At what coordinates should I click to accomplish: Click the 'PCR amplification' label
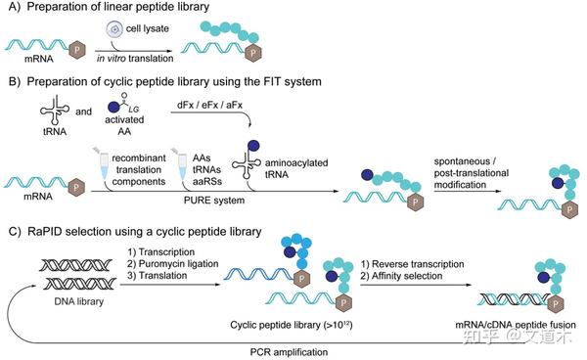click(x=268, y=348)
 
